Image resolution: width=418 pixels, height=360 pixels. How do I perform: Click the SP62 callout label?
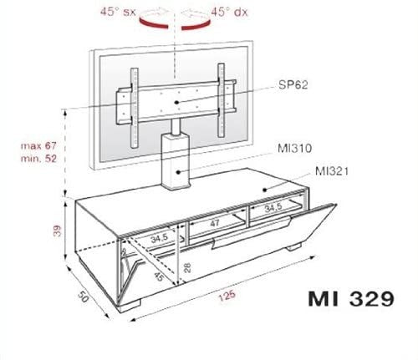click(x=293, y=84)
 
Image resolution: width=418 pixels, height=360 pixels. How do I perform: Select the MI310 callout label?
click(x=294, y=148)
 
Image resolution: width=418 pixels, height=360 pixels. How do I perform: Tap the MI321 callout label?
click(x=332, y=171)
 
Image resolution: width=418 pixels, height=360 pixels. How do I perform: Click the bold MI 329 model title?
click(x=351, y=298)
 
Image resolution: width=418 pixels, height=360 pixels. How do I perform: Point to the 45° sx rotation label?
click(x=118, y=12)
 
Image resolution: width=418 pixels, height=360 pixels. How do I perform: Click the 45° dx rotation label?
click(x=229, y=12)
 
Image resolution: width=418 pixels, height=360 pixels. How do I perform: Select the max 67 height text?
click(x=38, y=145)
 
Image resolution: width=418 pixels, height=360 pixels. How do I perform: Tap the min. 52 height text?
click(x=38, y=159)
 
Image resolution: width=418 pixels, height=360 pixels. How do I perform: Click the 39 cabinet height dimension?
click(x=57, y=231)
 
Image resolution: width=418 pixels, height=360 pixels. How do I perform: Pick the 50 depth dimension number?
click(x=83, y=297)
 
